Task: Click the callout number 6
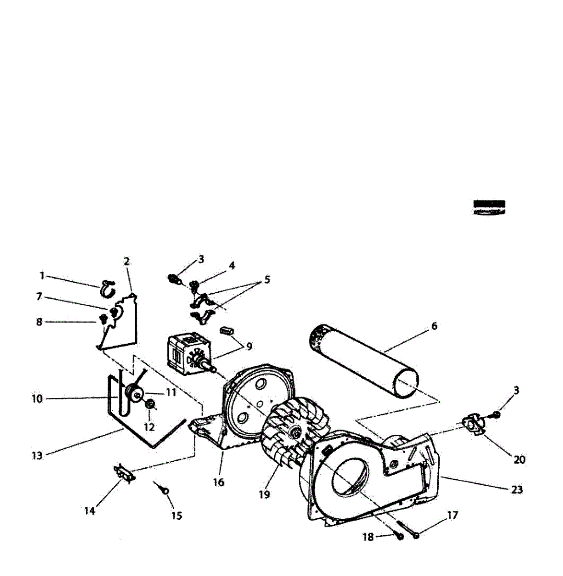tap(434, 326)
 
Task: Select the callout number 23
tap(516, 490)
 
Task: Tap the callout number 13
tap(37, 456)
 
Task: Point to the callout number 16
tap(218, 482)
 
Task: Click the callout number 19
tap(264, 494)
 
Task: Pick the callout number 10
tap(37, 398)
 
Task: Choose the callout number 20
tap(519, 459)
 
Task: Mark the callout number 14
tap(90, 511)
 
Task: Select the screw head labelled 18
tap(399, 537)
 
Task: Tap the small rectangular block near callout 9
tap(226, 331)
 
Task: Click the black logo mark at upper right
tap(489, 207)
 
